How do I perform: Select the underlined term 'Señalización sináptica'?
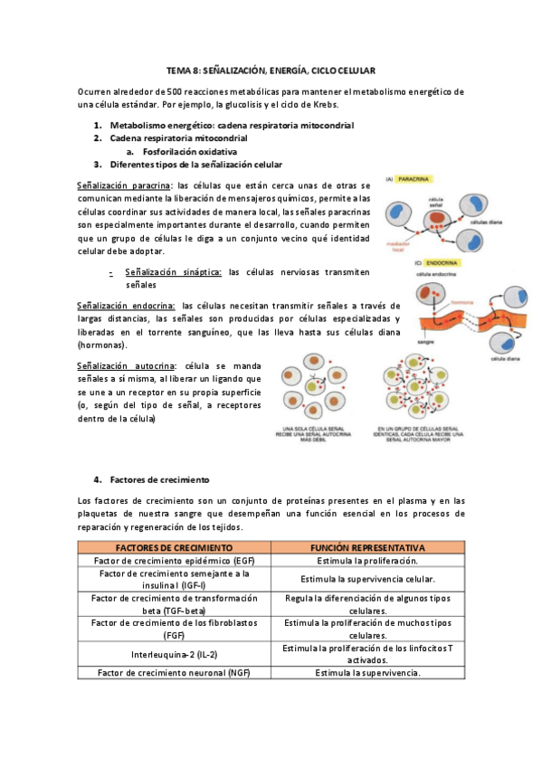[x=173, y=271]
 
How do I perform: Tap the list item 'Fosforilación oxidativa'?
[x=186, y=152]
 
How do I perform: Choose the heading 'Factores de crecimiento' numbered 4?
[x=159, y=479]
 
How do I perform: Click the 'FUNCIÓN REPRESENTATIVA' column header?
[x=367, y=548]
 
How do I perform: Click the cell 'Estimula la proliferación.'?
[x=367, y=562]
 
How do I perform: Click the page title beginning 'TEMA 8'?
[x=271, y=70]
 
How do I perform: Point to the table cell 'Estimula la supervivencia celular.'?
[x=367, y=579]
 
